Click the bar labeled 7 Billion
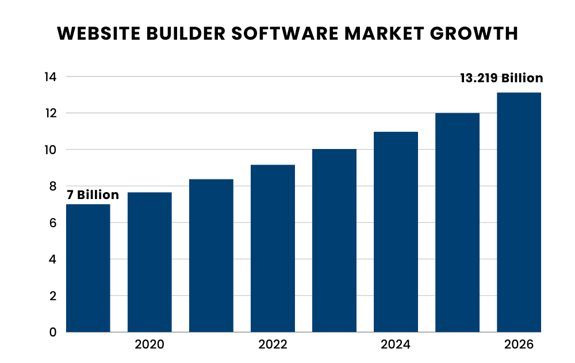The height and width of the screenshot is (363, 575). click(x=88, y=268)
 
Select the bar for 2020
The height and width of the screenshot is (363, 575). click(x=149, y=262)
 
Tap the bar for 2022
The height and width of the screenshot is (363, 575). click(x=273, y=249)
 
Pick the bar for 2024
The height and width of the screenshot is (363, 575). click(x=396, y=232)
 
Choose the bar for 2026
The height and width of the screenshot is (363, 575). click(x=519, y=212)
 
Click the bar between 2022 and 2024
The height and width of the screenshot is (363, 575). click(x=334, y=240)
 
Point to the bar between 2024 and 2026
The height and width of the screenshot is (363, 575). click(x=457, y=223)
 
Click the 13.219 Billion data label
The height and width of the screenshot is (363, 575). click(x=501, y=78)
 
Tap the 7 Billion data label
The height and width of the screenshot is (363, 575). click(x=93, y=195)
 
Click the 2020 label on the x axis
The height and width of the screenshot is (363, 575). click(x=149, y=345)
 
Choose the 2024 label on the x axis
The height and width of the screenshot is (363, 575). click(x=396, y=345)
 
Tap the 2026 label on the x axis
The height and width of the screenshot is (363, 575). click(x=519, y=345)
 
